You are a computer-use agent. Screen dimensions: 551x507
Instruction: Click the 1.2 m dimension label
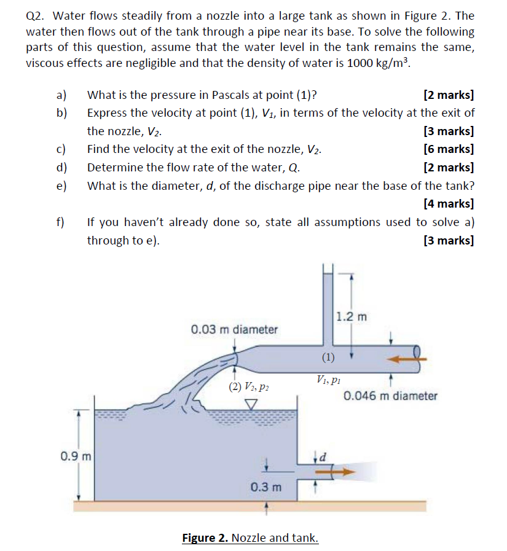[x=352, y=317]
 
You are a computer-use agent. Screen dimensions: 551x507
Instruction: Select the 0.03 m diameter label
[x=234, y=329]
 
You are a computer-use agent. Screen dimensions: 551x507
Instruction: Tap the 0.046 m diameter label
[x=390, y=396]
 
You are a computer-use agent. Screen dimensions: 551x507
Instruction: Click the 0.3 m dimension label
[x=266, y=487]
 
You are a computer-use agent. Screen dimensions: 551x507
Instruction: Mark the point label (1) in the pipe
[x=329, y=357]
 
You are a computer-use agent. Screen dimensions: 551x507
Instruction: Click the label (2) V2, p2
[x=248, y=387]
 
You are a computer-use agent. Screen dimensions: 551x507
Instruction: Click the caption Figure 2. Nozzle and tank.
[x=250, y=538]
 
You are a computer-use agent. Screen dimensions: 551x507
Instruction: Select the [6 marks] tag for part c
[x=449, y=149]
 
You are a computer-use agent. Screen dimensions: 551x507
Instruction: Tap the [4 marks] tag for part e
[x=449, y=203]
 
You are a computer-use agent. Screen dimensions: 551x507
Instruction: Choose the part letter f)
[x=61, y=222]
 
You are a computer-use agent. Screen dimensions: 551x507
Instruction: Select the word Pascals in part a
[x=232, y=95]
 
